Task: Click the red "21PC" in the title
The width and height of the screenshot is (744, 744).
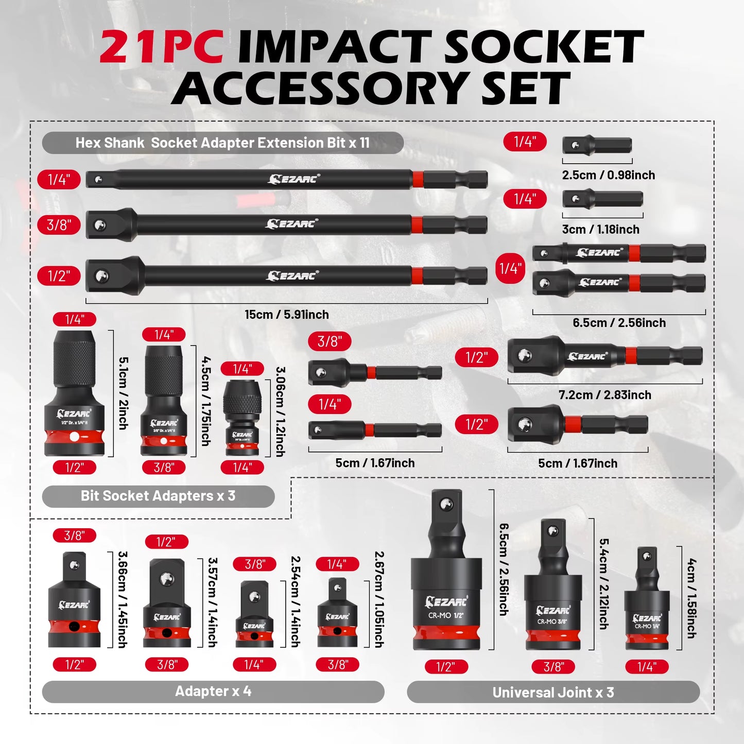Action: pos(161,47)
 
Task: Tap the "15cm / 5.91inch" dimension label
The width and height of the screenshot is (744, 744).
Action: pos(286,315)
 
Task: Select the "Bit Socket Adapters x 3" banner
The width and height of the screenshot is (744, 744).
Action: pos(158,496)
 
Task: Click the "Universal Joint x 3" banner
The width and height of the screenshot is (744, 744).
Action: pos(553,693)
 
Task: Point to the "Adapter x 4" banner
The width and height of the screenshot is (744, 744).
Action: pos(213,691)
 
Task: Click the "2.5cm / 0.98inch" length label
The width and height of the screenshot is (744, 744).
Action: pos(608,175)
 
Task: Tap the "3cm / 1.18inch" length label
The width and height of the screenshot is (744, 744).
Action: pos(600,230)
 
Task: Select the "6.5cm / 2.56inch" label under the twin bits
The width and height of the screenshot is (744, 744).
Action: pos(619,323)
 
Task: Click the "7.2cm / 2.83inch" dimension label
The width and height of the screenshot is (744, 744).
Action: pos(604,395)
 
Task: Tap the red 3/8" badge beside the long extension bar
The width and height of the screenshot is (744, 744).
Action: pos(59,225)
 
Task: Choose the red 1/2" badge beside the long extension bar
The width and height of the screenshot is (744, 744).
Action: pos(59,276)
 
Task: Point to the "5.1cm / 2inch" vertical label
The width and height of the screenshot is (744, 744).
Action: pos(124,393)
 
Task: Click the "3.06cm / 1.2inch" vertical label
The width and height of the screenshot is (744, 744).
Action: pos(280,411)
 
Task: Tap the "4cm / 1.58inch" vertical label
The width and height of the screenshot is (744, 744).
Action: pos(691,598)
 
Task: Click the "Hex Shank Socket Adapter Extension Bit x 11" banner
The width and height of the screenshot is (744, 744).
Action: pos(222,143)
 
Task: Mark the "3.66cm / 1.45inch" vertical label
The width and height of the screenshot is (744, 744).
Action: pos(123,599)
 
